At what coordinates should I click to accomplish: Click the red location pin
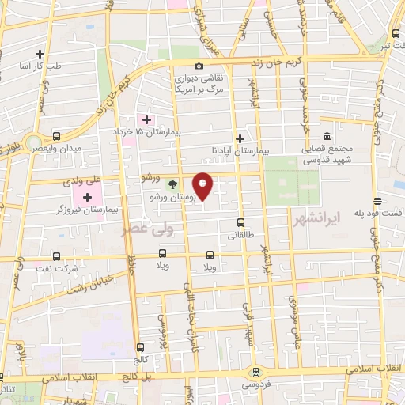[203, 186]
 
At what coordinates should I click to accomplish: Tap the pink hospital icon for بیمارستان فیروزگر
[88, 194]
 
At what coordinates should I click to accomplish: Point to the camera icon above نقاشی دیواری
[199, 66]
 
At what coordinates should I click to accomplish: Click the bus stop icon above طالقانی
[240, 222]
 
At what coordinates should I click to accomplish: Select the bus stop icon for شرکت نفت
[57, 256]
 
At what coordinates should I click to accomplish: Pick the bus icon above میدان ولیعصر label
[56, 135]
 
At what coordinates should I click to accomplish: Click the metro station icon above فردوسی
[255, 370]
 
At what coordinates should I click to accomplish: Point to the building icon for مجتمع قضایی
[327, 135]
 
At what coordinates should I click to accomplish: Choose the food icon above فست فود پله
[378, 200]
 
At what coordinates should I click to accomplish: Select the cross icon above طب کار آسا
[40, 54]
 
